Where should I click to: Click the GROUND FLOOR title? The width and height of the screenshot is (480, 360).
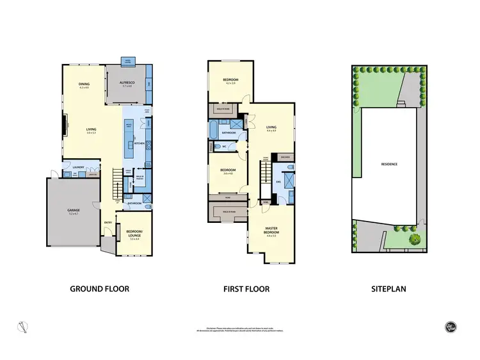pyautogui.click(x=103, y=289)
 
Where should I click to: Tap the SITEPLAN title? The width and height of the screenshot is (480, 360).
pyautogui.click(x=388, y=289)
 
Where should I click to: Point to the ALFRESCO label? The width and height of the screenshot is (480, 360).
pyautogui.click(x=131, y=84)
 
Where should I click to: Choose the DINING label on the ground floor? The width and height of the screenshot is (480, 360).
pyautogui.click(x=84, y=84)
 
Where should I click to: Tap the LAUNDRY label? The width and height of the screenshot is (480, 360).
pyautogui.click(x=79, y=166)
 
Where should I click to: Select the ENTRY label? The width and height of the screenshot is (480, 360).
pyautogui.click(x=108, y=223)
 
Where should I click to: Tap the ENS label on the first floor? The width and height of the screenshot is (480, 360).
pyautogui.click(x=278, y=182)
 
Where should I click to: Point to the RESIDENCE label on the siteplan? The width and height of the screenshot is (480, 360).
pyautogui.click(x=389, y=165)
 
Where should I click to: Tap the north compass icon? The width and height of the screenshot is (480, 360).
pyautogui.click(x=24, y=326)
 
